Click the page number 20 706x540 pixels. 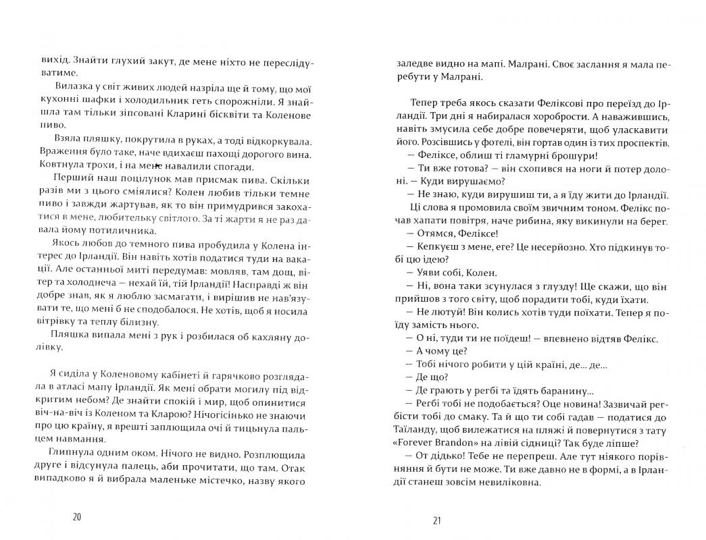[76, 518]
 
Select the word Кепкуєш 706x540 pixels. [440, 259]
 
